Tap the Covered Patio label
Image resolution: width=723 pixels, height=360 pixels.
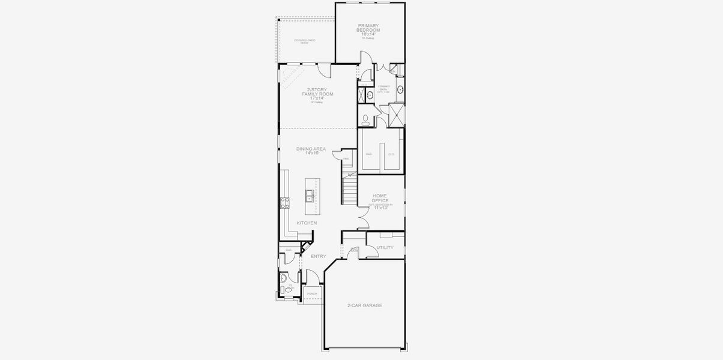tap(305, 41)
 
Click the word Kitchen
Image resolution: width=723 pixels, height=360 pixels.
tap(307, 223)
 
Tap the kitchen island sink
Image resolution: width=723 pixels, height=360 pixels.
tap(309, 196)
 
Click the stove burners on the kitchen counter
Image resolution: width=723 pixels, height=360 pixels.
tap(284, 202)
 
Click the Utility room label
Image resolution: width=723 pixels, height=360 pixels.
tap(385, 247)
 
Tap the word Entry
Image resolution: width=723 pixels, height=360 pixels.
tap(318, 256)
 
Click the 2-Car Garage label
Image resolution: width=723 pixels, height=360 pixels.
tap(364, 305)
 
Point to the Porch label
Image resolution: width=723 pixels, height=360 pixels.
tap(312, 293)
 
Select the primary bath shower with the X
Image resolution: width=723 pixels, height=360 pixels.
tap(397, 114)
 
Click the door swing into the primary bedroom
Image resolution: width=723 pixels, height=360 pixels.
tap(365, 58)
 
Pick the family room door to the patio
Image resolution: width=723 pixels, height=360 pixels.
tap(325, 70)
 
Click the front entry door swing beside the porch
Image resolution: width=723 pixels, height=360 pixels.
tap(312, 278)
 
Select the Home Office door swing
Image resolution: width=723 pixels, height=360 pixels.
tap(364, 221)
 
